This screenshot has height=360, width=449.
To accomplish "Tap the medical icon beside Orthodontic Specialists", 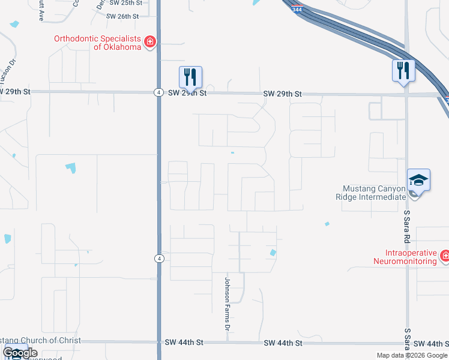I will tap(150, 41).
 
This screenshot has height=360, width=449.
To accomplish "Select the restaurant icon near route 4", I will tap(190, 77).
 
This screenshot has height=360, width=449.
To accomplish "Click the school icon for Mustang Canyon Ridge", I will tap(418, 180).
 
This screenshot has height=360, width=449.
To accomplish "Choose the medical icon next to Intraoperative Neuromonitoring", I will tap(445, 257).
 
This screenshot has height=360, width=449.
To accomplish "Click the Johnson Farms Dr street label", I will tap(228, 304).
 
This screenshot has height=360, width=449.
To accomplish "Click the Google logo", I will tap(20, 353).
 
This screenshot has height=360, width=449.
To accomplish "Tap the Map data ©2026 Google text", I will tap(411, 355).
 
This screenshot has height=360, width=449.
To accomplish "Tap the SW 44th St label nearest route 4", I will tap(185, 342).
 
